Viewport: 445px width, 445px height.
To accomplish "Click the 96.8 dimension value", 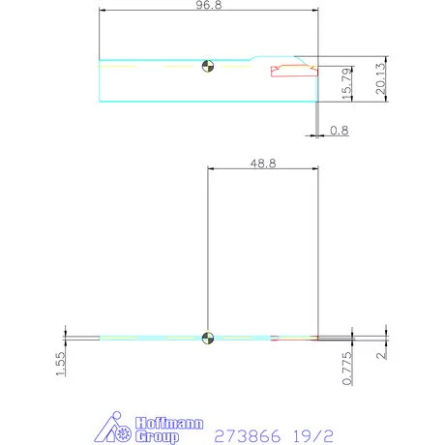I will (209, 6).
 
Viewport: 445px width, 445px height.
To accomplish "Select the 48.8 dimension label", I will (263, 164).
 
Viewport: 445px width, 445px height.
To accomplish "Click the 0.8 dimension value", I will (340, 131).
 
